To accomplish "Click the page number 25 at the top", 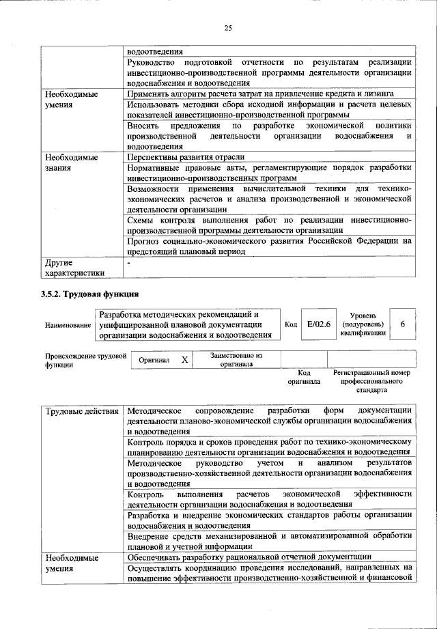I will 228,27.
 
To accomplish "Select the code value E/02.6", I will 318,324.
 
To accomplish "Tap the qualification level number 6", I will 403,324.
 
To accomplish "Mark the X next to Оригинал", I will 184,359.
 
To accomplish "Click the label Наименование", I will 68,326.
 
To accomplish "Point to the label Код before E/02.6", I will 290,325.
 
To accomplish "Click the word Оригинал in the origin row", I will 154,359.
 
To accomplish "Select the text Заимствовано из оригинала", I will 236,360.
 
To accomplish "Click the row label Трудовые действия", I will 81,410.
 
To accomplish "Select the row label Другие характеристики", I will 74,268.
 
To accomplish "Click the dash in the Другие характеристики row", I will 129,262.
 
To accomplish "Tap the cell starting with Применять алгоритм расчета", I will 260,94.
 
